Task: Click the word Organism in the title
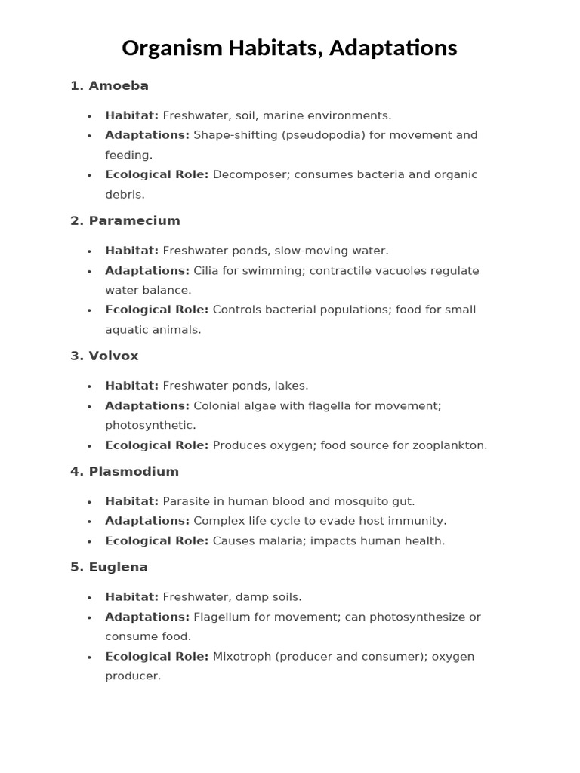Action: click(x=172, y=48)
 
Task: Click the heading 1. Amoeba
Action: click(x=110, y=86)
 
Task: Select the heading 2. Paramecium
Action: click(x=125, y=221)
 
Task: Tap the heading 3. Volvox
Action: click(x=104, y=356)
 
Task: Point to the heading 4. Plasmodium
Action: click(x=125, y=472)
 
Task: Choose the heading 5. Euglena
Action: click(x=109, y=568)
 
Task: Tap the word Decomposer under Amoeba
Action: click(x=250, y=174)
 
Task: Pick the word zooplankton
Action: click(x=449, y=445)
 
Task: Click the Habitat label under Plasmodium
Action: click(x=131, y=501)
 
